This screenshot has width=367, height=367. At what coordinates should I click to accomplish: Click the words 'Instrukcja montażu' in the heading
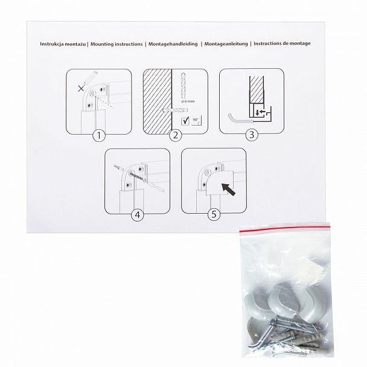coord(63,44)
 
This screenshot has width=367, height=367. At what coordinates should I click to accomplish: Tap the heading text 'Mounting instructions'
coord(116,44)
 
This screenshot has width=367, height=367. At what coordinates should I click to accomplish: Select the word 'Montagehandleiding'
coord(173,44)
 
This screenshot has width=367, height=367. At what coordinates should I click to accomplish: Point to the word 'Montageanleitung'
coord(226,44)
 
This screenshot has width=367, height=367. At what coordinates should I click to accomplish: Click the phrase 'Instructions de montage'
coord(282,43)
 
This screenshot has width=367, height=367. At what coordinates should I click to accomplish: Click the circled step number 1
coord(99,136)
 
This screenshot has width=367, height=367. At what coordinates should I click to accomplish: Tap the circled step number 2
coord(175,135)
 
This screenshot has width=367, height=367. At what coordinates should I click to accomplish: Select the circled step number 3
coord(252,135)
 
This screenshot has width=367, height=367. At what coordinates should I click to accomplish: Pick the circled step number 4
coord(138,215)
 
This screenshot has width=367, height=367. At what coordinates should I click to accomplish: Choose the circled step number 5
coord(214,214)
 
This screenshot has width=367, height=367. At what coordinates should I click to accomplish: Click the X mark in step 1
coord(81,89)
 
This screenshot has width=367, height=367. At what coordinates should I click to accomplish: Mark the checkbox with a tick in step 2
coord(185,121)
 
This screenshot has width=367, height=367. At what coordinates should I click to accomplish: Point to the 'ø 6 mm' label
coord(188,101)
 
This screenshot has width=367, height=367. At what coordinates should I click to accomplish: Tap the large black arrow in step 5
coord(228,189)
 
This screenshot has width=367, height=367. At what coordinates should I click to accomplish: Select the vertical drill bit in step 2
coord(184,86)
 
